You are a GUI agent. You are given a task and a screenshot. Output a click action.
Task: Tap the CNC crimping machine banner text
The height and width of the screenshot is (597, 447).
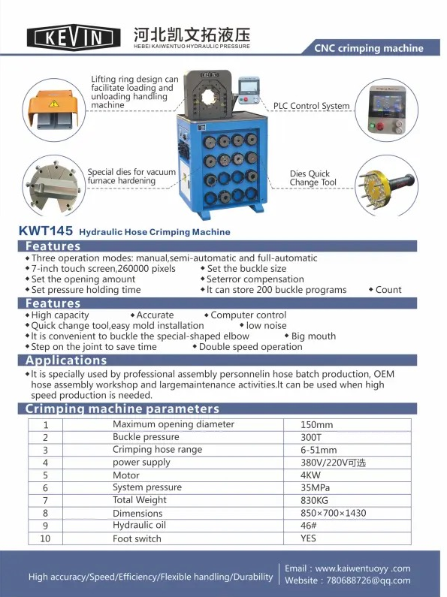coord(369,48)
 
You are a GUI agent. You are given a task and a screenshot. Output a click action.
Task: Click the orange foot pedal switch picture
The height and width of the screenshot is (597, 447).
coord(53,110)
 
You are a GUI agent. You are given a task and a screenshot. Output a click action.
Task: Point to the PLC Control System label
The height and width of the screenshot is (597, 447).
coord(312,106)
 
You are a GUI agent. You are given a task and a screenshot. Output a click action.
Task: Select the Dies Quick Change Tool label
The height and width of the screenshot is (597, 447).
coord(313,178)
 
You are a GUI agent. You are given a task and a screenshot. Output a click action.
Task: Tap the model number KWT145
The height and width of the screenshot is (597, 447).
coord(46,231)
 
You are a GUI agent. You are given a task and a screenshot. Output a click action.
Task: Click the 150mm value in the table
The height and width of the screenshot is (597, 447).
coord(316,424)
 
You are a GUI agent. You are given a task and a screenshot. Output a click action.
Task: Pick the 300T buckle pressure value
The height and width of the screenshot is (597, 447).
coord(311,437)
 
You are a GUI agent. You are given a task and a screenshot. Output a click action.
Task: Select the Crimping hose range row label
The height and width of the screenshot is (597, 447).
coord(157,450)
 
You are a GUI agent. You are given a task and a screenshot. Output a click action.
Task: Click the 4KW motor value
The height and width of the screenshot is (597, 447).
coord(310,475)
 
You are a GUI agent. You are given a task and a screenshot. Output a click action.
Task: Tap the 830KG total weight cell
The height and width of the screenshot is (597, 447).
coord(314,500)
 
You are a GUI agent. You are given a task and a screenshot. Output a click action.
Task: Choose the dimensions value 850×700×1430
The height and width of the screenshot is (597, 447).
coord(333,513)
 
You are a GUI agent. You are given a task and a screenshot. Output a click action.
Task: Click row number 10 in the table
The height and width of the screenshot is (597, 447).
coord(45,538)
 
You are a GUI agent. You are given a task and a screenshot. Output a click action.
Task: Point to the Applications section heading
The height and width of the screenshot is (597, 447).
coord(66,360)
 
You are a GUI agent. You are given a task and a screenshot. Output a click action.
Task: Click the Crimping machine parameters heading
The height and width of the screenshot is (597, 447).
coord(122,409)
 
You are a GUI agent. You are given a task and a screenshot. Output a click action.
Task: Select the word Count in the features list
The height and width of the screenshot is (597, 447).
coord(388,290)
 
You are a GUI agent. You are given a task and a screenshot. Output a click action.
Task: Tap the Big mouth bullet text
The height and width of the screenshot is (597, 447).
coord(313,336)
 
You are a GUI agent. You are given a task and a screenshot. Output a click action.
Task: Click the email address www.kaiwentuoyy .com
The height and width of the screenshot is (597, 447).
coord(363,568)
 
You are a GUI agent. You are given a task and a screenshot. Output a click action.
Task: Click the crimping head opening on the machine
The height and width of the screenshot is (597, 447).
coord(209,97)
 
